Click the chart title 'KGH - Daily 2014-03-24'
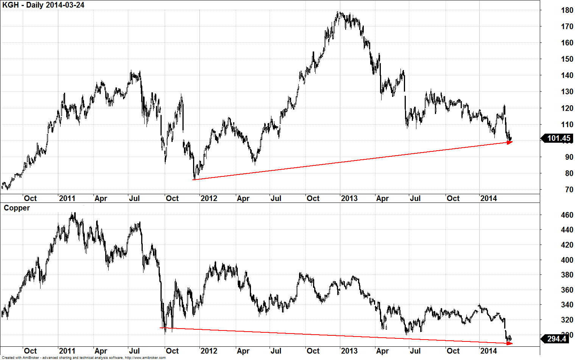click(x=43, y=5)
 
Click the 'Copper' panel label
click(x=17, y=208)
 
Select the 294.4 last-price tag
click(x=556, y=338)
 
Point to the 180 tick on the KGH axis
click(x=567, y=10)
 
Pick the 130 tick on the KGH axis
click(x=567, y=92)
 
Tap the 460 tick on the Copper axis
click(x=567, y=215)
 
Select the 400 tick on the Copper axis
click(x=567, y=260)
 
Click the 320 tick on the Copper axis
click(x=567, y=320)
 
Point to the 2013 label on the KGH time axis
click(x=349, y=198)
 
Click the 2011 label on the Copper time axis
click(x=67, y=351)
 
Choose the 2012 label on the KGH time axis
click(x=209, y=198)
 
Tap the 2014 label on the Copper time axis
click(x=488, y=351)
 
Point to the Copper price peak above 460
click(x=73, y=213)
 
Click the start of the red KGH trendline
click(x=193, y=179)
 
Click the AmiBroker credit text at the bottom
click(x=84, y=358)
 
